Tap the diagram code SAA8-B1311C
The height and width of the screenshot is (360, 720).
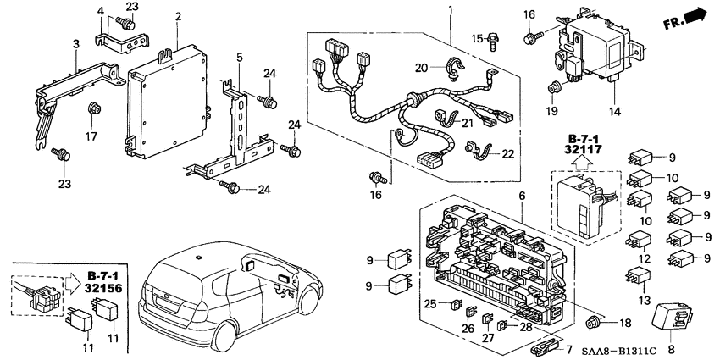click(665, 350)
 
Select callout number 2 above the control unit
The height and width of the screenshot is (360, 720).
click(178, 16)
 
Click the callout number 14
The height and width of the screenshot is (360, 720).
click(613, 110)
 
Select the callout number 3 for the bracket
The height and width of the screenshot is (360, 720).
click(76, 43)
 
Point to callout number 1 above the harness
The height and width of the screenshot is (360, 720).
click(450, 9)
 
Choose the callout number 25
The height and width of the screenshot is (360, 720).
click(430, 303)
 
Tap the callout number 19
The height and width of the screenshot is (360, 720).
click(553, 110)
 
